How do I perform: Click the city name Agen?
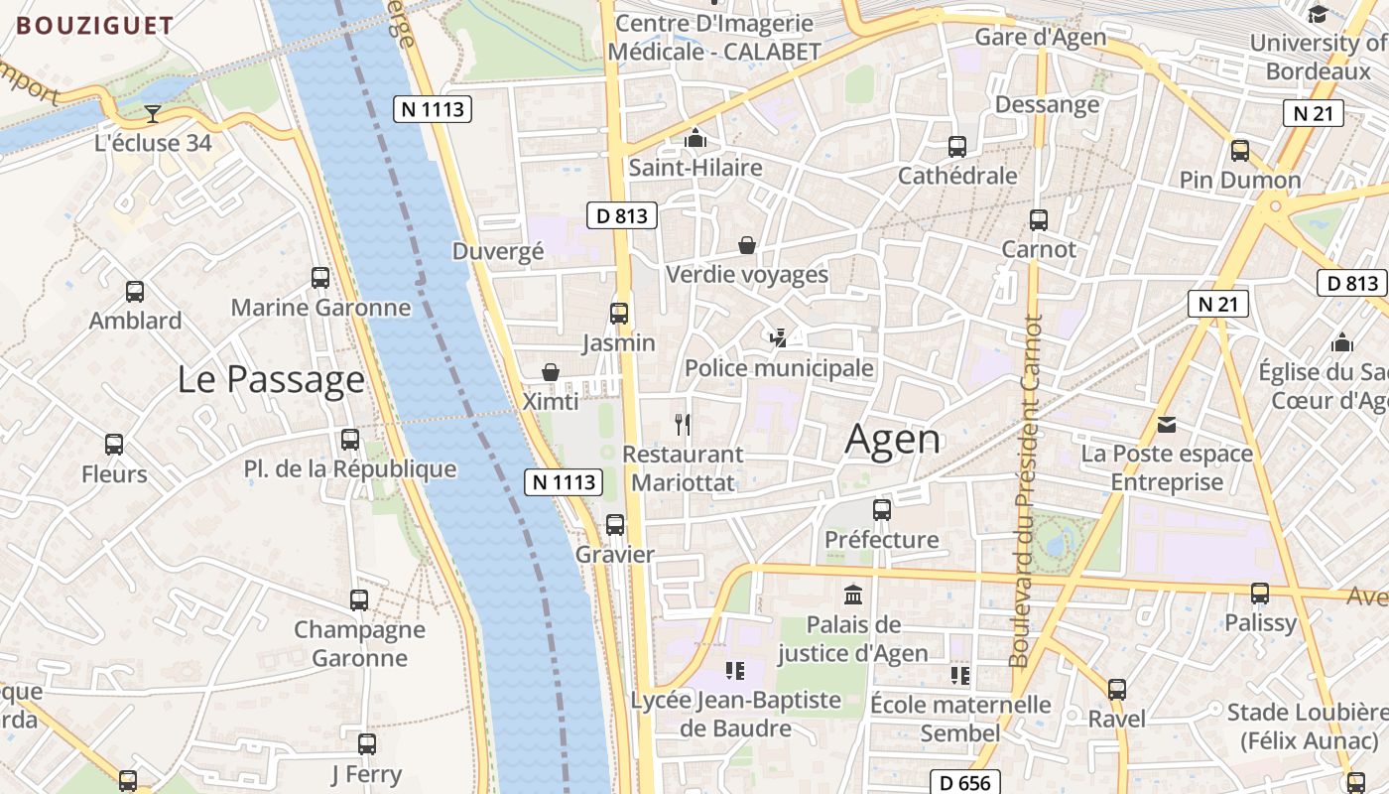point(893,440)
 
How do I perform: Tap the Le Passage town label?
point(271,379)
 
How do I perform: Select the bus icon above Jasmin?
point(619,314)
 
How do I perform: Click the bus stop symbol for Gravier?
point(615,525)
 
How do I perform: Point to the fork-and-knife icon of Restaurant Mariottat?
point(682,425)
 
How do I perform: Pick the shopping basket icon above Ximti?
point(551,372)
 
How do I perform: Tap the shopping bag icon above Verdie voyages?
point(747,245)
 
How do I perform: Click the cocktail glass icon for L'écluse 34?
point(153,114)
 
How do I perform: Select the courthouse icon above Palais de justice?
point(852,595)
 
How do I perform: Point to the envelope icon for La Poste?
point(1167,425)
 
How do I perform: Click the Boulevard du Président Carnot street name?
point(1028,491)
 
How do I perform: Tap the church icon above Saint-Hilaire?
point(695,138)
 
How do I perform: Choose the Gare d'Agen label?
point(1040,38)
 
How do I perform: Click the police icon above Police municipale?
point(779,338)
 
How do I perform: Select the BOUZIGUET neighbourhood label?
point(95,26)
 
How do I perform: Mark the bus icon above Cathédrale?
point(957,147)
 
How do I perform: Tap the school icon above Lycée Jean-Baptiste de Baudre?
point(734,671)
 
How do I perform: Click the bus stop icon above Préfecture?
point(882,511)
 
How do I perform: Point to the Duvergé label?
point(498,251)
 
